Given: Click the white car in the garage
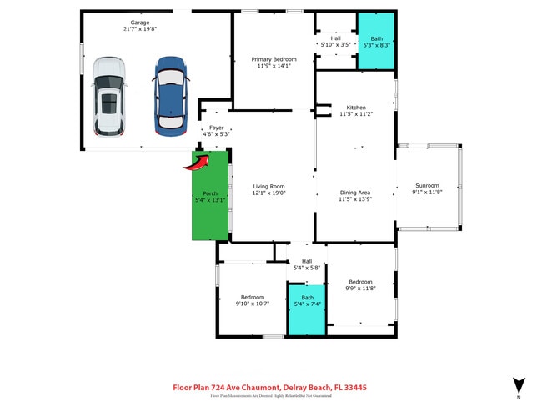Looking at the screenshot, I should point(109,96).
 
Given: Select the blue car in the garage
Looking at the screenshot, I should point(169,96).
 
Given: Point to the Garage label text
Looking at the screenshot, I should point(139,22).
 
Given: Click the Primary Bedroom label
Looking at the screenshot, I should point(274,59).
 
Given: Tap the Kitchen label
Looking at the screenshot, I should point(356,108).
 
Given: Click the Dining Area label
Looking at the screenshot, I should point(355,193).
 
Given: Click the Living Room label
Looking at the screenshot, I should point(269,187).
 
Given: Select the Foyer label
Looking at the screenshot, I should point(216,128).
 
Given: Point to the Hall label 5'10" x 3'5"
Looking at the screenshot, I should point(335,38).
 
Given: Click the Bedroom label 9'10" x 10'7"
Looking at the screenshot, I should point(252,298).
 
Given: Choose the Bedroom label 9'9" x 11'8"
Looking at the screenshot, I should point(360,282).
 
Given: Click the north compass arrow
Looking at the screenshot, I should point(519,385).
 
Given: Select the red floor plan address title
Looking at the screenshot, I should point(269,387).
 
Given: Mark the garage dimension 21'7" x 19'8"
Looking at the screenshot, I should point(139,28).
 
